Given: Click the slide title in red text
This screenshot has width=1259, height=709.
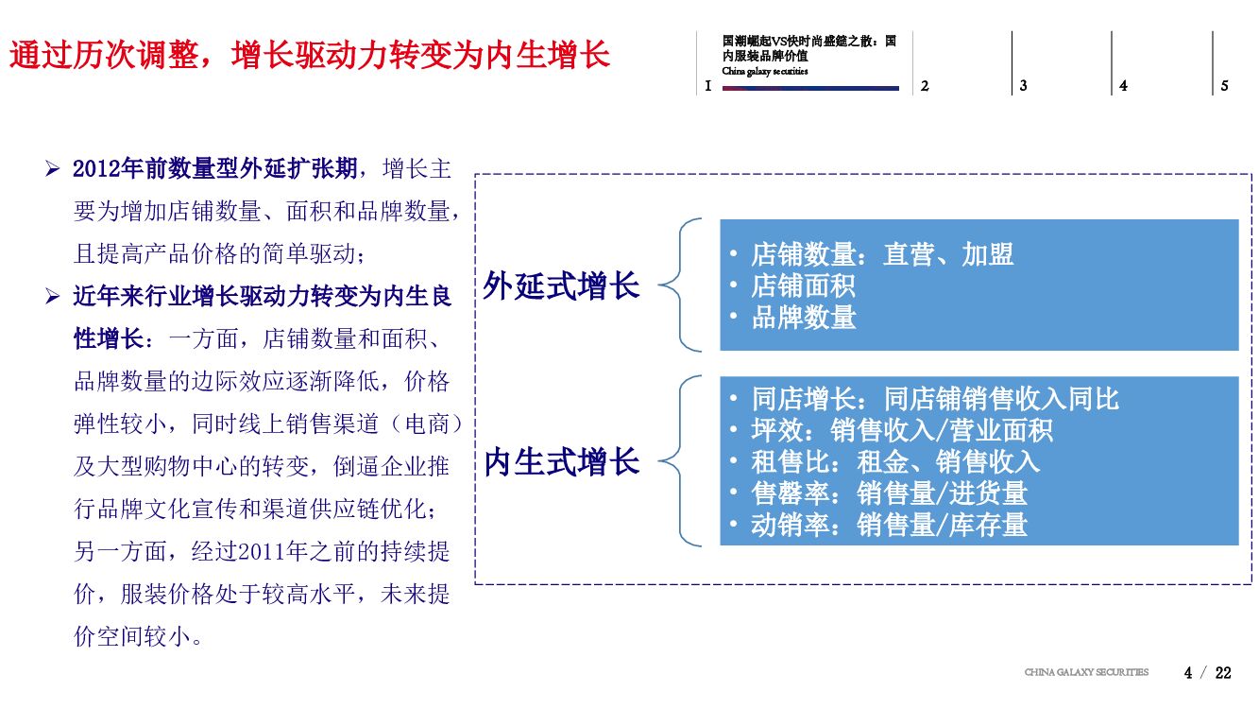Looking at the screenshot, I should (310, 55).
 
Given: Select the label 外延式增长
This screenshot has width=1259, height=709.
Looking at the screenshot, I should (561, 285).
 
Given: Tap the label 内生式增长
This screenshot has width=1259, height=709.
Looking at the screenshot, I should (561, 462).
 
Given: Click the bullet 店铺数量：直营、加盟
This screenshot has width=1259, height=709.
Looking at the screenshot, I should (882, 254).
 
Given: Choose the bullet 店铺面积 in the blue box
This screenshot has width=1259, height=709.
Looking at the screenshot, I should (803, 285).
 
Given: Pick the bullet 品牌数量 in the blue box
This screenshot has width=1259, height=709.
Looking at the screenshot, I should (803, 318).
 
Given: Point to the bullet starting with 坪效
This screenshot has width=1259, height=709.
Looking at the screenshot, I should (902, 431).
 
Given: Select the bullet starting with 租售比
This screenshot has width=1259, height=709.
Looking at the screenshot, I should (895, 461).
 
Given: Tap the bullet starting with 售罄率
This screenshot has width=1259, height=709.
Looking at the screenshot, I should (889, 493).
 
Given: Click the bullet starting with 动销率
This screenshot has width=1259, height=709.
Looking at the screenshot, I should (889, 525).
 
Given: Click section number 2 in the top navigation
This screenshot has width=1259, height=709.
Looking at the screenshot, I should (925, 86).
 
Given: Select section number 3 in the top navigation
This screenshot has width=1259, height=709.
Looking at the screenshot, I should (1023, 86).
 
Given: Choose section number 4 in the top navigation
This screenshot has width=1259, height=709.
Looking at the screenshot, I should (1123, 86).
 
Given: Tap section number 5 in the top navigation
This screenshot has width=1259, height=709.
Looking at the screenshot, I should (1224, 86).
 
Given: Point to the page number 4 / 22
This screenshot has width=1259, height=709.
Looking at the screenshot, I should (1208, 673).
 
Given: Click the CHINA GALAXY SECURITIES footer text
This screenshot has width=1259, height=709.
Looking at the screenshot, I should (1086, 672).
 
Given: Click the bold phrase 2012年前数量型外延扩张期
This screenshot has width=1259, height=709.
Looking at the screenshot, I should (215, 169).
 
